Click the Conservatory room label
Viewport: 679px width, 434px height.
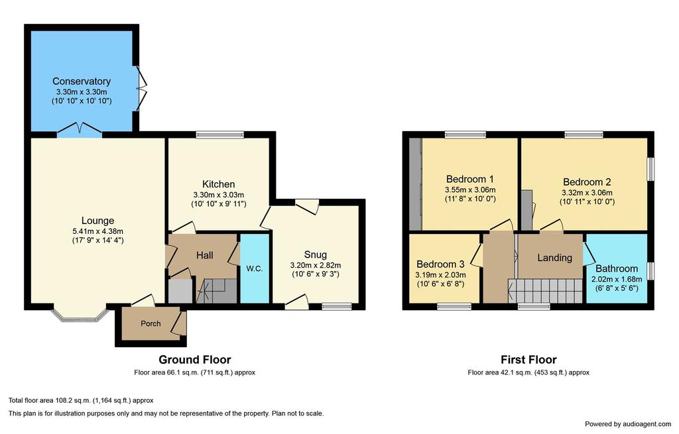82,81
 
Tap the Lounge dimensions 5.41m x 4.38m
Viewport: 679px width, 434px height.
98,231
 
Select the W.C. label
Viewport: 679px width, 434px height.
255,269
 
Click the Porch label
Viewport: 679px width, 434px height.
151,323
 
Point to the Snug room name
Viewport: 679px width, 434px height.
315,254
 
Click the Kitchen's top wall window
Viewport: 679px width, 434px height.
220,135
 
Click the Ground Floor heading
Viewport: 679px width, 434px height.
195,360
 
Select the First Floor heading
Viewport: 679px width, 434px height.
528,360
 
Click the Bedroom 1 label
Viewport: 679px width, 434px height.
470,179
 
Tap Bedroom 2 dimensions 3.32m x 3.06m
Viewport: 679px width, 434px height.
587,193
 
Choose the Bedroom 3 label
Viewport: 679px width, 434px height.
440,264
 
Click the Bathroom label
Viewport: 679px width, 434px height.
617,269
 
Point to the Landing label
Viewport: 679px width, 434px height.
555,258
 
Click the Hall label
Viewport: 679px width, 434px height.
204,255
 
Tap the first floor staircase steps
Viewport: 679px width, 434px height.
546,291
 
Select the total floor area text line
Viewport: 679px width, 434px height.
81,401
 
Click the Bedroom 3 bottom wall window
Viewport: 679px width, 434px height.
454,307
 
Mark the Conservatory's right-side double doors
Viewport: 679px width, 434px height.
141,88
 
